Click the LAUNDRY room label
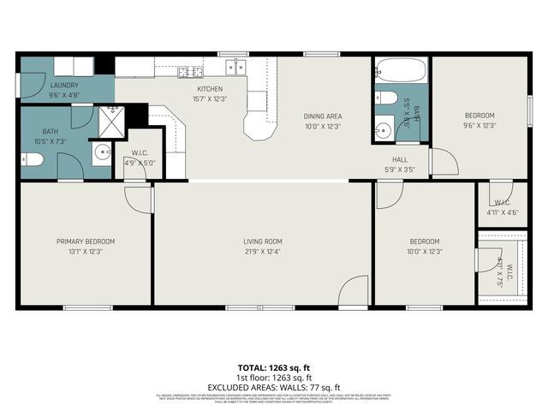pos(64,86)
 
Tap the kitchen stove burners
pos(189,71)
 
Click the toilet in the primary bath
pos(31,159)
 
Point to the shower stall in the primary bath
pos(111,122)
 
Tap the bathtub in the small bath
pos(400,68)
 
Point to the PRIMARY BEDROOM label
pos(86,241)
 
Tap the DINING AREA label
pos(323,116)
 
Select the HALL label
pos(400,159)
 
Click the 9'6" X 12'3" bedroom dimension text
pos(479,126)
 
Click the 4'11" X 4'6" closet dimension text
pos(502,212)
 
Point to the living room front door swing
pos(354,292)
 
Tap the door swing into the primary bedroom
pos(138,197)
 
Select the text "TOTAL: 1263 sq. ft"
pos(274,366)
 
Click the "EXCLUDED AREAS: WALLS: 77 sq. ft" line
pos(274,386)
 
